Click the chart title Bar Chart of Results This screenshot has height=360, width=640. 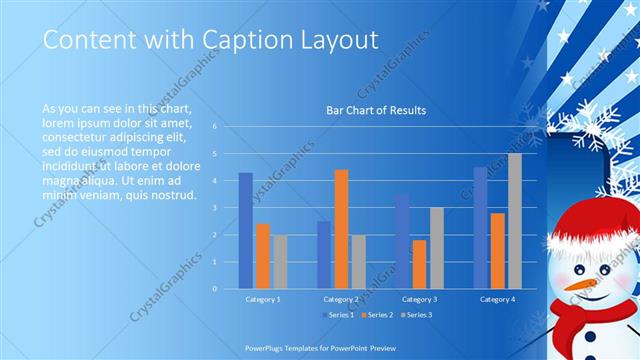tap(376, 110)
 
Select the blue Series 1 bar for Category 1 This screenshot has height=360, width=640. tap(245, 230)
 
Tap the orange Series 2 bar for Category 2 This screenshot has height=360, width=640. tap(341, 228)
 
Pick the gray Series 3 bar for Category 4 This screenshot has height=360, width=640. tap(514, 221)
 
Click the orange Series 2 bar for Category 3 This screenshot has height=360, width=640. tap(419, 264)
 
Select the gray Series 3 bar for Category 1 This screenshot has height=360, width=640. tap(280, 261)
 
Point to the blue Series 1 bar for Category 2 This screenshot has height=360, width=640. tap(324, 254)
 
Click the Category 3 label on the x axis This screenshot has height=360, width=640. tap(419, 299)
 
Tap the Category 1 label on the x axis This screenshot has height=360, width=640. tap(263, 299)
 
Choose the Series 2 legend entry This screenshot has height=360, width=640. tap(377, 315)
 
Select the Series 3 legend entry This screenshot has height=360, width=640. tap(418, 315)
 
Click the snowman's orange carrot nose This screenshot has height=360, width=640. tap(577, 285)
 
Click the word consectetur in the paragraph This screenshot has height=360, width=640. tap(75, 130)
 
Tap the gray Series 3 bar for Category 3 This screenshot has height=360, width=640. tap(436, 248)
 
